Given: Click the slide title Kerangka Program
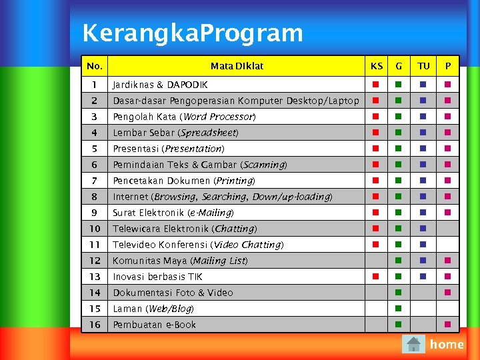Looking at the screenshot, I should click(192, 32).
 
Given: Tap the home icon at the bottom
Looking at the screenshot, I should click(414, 344).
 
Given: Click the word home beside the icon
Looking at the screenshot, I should click(447, 344).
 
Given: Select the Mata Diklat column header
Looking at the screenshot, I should click(237, 66).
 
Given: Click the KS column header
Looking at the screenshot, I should click(377, 66).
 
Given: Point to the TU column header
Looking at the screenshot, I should click(423, 66).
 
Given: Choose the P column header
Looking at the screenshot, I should click(448, 66).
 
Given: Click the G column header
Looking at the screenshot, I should click(399, 66).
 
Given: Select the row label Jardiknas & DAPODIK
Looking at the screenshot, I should click(160, 85).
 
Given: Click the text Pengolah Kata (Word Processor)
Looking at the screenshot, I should click(184, 117).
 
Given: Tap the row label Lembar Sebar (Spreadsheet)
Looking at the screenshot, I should click(175, 133).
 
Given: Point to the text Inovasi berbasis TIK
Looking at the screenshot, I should click(157, 277).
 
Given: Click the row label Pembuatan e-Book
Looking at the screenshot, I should click(155, 325).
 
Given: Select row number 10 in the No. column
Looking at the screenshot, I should click(95, 229).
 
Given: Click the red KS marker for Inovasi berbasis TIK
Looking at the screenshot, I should click(376, 276).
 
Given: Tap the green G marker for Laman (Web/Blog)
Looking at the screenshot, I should click(397, 308).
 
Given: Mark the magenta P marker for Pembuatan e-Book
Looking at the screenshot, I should click(448, 324).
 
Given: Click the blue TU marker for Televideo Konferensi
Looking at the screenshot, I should click(423, 244).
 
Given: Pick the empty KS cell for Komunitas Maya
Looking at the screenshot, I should click(376, 261).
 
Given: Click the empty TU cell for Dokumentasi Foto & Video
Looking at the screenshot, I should click(423, 293).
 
